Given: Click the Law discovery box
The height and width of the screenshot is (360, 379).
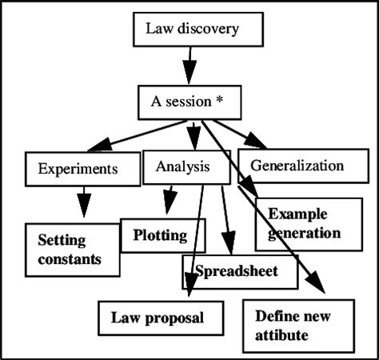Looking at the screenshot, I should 191,31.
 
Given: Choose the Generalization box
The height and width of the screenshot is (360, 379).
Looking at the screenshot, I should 297,166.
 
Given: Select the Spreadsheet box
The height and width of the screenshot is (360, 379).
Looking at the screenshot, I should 239,272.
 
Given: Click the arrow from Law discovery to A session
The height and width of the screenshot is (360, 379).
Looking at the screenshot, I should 188,64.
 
